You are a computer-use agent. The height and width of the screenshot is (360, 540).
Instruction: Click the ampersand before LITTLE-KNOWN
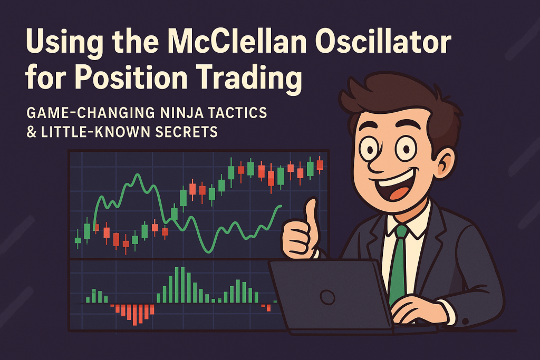point(32,132)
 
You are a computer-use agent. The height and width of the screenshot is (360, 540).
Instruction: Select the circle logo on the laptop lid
point(327,297)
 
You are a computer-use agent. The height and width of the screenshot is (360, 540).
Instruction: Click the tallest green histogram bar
point(177,285)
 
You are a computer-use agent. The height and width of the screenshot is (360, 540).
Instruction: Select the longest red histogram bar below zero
point(134,315)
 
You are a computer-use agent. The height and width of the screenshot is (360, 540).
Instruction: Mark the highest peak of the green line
point(138,174)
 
